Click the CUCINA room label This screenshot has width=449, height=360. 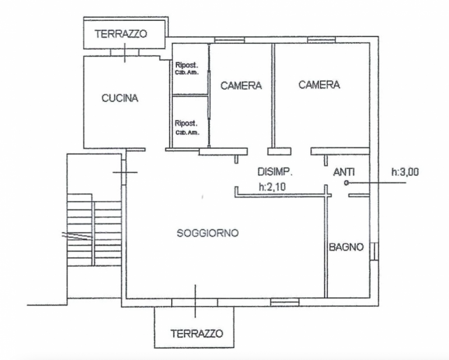120,98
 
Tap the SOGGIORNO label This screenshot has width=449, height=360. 208,233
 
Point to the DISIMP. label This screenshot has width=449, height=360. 276,172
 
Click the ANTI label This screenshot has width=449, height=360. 344,172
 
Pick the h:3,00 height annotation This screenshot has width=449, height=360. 405,172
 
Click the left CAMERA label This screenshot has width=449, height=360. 241,86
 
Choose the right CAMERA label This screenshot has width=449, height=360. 319,85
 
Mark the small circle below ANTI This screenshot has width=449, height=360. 347,183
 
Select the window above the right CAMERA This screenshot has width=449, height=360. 318,40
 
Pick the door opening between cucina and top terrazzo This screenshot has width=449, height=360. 125,52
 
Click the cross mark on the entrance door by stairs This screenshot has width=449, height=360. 125,172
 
